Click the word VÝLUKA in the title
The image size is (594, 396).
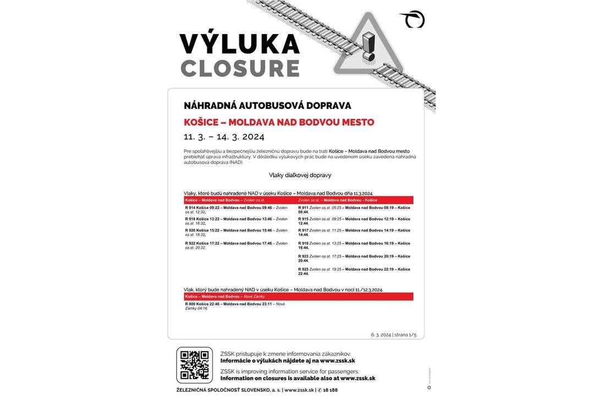(x=239, y=44)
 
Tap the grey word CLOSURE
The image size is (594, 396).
(x=240, y=68)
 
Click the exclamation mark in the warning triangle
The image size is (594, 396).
(x=368, y=47)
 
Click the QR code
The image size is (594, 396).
(x=194, y=365)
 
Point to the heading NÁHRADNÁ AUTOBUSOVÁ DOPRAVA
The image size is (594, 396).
(x=267, y=106)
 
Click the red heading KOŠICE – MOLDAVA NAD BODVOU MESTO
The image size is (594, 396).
(x=279, y=122)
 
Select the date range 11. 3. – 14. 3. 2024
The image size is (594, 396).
(x=224, y=136)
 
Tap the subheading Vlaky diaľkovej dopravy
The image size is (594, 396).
(x=300, y=175)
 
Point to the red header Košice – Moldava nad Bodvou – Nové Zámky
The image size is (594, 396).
(x=225, y=296)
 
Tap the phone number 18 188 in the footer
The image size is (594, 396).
(x=331, y=389)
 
